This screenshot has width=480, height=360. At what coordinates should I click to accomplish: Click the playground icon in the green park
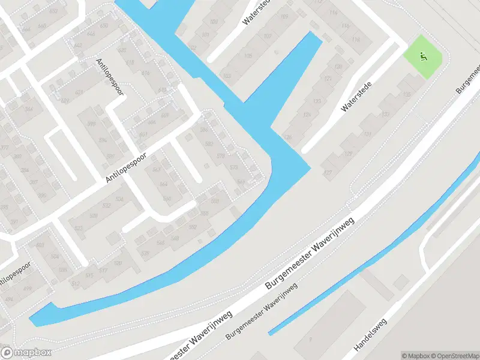click(x=424, y=58)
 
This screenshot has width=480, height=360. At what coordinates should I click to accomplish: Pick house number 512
click(x=75, y=284)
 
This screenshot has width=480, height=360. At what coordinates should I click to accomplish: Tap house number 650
click(x=104, y=26)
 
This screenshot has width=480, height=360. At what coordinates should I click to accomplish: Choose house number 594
click(x=102, y=140)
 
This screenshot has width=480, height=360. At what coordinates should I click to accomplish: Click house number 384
click(x=29, y=109)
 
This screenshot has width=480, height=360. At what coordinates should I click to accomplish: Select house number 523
click(x=78, y=229)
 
